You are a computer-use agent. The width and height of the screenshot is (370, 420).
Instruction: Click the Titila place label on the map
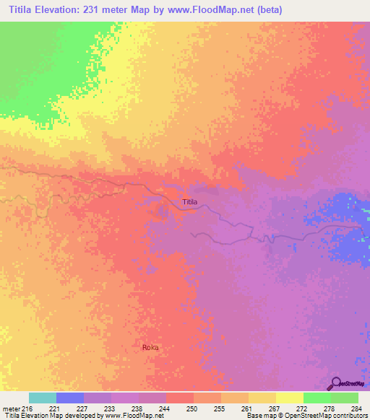[x=189, y=202]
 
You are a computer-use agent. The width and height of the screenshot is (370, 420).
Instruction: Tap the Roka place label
[x=150, y=348]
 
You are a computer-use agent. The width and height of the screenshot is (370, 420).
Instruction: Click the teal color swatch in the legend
[x=43, y=398]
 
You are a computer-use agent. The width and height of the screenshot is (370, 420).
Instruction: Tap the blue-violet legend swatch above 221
[x=70, y=398]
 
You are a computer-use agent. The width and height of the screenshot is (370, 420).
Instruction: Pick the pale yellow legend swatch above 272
[x=290, y=398]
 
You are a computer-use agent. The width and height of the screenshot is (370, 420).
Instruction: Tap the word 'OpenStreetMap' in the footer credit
[x=304, y=416]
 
